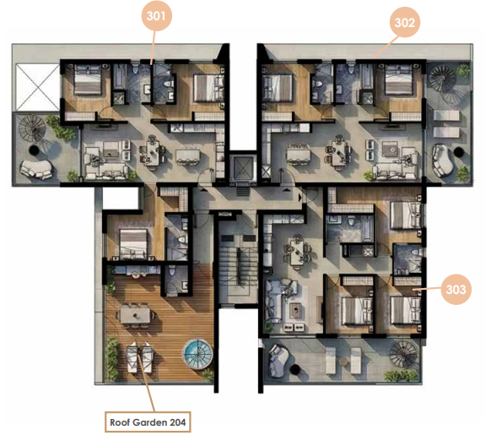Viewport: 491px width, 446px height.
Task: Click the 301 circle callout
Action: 156,16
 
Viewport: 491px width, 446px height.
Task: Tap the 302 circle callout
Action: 405,22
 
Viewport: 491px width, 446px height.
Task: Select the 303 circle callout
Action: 456,289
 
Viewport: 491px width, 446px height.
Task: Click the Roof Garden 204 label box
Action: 148,422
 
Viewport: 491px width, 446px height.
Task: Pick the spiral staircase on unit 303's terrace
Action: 403,354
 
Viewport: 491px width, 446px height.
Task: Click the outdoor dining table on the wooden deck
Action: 135,315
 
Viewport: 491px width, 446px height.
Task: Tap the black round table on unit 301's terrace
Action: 34,150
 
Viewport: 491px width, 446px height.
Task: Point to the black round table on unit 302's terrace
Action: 459,152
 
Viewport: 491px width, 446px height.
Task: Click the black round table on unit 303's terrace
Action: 295,370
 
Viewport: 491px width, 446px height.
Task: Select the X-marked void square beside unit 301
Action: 38,87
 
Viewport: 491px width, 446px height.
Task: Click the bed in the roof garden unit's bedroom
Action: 133,243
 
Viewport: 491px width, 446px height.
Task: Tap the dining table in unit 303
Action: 297,250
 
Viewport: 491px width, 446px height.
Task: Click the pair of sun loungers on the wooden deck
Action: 140,357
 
